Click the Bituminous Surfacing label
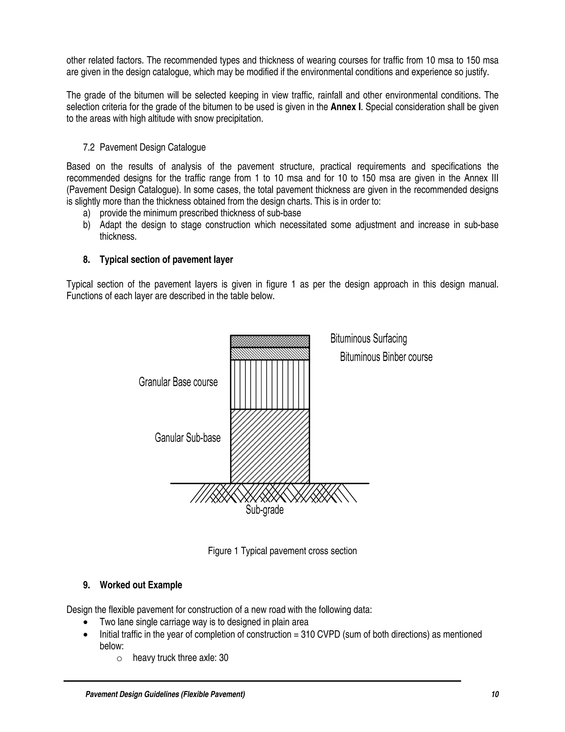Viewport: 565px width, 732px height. coord(369,339)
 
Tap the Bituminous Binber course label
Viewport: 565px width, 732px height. coord(386,357)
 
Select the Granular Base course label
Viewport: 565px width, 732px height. coord(178,382)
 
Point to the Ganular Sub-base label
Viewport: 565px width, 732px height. coord(187,438)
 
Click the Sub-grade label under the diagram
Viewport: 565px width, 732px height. coord(264,510)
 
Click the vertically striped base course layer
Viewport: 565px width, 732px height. coord(270,385)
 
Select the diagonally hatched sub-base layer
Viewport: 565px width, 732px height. coord(270,446)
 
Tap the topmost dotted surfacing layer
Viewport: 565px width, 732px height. coord(270,341)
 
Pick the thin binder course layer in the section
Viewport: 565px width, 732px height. coord(270,354)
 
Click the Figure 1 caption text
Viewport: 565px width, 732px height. coord(282,551)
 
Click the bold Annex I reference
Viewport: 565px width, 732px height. coord(346,107)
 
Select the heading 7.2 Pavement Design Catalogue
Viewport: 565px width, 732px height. coord(144,148)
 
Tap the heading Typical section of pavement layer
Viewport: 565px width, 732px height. coord(166,260)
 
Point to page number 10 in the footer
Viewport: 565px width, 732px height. coord(495,694)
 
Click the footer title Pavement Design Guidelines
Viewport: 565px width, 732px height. coord(165,694)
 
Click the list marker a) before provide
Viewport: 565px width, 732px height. coord(86,213)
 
